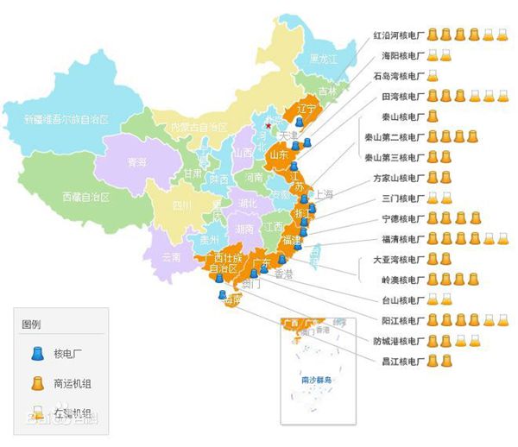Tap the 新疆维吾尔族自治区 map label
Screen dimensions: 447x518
point(66,119)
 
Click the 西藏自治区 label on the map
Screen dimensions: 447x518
point(86,197)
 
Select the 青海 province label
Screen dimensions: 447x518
point(136,161)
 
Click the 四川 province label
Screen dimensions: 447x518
point(180,205)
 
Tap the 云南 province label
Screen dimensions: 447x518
point(171,256)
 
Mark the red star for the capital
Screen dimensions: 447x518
point(268,126)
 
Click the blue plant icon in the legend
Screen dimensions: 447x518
point(37,352)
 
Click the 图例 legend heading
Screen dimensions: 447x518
point(31,324)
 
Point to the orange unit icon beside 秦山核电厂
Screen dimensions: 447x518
point(433,116)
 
